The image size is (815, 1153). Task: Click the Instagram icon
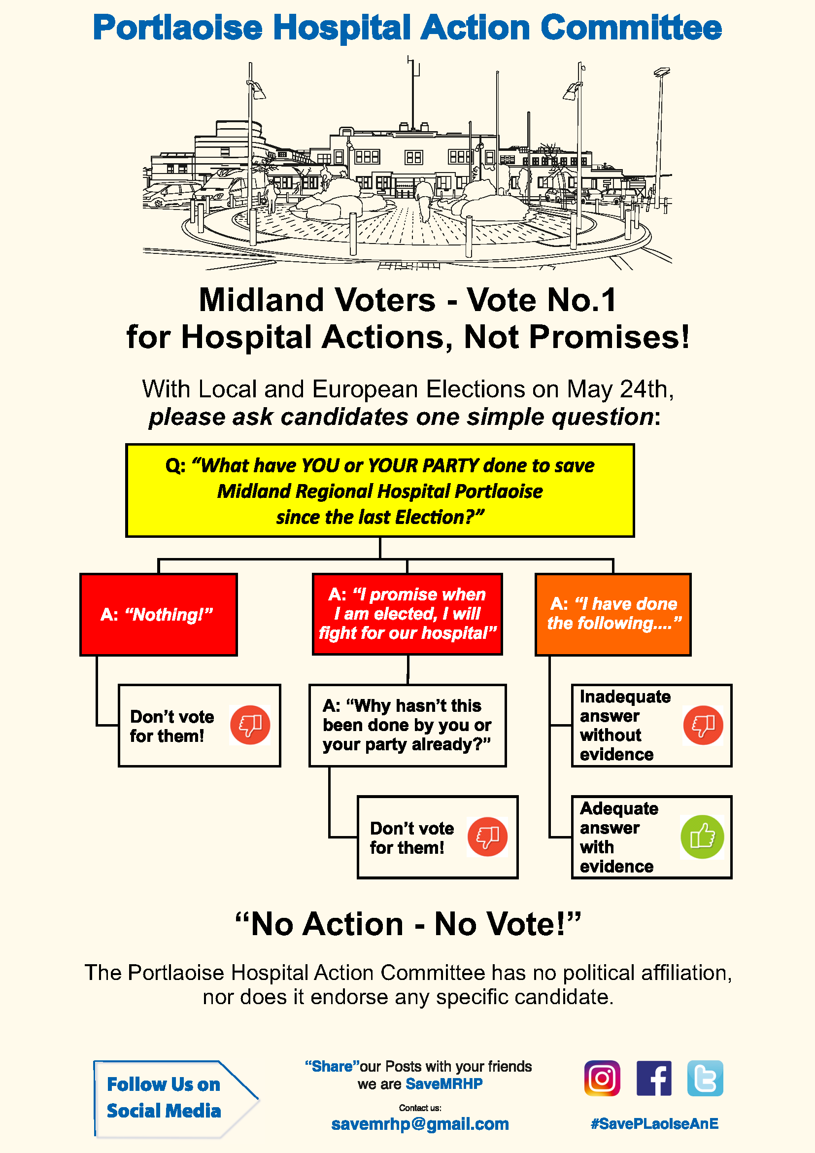pos(602,1078)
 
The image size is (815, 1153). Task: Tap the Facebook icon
pos(653,1078)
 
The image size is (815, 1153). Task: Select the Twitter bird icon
pos(705,1078)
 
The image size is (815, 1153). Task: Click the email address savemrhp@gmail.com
pos(420,1124)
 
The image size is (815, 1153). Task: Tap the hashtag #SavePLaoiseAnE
pos(654,1124)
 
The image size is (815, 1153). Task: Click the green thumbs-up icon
pos(702,837)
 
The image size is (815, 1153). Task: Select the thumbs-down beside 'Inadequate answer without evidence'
pos(703,725)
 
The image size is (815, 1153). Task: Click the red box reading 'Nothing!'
pos(159,615)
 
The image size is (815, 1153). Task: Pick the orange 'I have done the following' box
pos(613,614)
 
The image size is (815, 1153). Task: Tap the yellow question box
pos(380,490)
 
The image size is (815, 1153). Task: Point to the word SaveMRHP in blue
pos(444,1083)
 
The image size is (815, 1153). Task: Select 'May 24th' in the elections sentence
pos(619,389)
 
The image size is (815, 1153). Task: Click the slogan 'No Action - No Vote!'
pos(407,923)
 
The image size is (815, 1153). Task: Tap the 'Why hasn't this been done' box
pos(407,725)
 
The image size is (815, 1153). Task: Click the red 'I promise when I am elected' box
pos(407,614)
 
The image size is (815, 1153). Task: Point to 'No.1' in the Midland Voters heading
pos(581,300)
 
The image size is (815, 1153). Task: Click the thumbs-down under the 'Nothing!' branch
pos(250,725)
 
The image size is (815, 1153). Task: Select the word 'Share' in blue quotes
pos(332,1066)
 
